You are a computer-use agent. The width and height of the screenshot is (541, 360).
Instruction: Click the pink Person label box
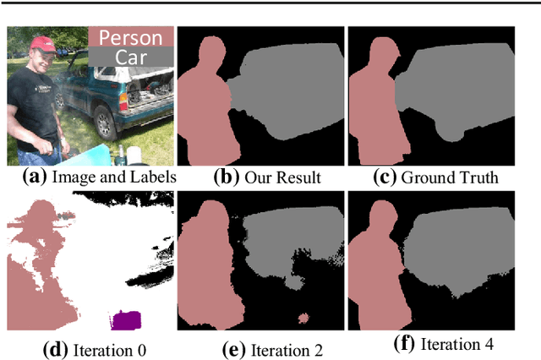tap(131, 37)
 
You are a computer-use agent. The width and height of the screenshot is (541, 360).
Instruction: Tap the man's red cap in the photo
tap(41, 42)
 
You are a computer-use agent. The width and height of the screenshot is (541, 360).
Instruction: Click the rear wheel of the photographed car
tap(104, 122)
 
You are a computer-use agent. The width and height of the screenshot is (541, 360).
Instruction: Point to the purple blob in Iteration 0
tap(127, 320)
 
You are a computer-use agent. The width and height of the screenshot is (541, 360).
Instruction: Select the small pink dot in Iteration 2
tap(304, 319)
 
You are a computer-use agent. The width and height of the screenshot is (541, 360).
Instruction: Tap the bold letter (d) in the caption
tap(53, 346)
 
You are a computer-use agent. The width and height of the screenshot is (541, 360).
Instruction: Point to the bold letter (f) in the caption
tap(406, 344)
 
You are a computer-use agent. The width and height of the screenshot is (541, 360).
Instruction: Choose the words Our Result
tap(271, 177)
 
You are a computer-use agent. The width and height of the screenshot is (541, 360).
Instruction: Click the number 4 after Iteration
tap(488, 344)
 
